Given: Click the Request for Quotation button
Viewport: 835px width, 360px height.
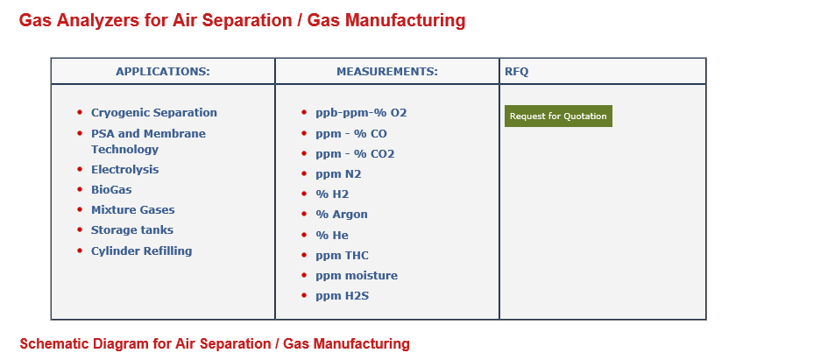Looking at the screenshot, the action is pyautogui.click(x=558, y=116).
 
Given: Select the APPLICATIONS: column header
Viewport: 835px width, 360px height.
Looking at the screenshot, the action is pyautogui.click(x=163, y=71).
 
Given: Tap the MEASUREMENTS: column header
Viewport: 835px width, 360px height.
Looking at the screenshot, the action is pyautogui.click(x=387, y=71).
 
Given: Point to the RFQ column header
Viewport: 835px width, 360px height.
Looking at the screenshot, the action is pyautogui.click(x=517, y=71).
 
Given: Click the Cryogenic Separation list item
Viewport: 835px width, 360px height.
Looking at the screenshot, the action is pyautogui.click(x=154, y=113).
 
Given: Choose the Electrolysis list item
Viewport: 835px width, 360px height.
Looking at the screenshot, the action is pyautogui.click(x=124, y=169).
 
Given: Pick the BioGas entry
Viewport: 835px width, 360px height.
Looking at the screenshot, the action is pyautogui.click(x=111, y=189).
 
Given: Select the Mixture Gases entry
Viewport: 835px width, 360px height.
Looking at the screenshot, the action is pyautogui.click(x=132, y=210).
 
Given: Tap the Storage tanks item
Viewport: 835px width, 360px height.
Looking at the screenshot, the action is pyautogui.click(x=132, y=230).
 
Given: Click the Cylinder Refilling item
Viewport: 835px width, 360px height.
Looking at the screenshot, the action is pyautogui.click(x=142, y=251).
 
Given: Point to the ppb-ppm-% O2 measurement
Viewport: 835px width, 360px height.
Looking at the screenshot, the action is pyautogui.click(x=361, y=113).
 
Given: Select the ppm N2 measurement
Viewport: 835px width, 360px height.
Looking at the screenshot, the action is pyautogui.click(x=338, y=174).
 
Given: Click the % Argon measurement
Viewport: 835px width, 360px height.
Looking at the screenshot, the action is pyautogui.click(x=342, y=215).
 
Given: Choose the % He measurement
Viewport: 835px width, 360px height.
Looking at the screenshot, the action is pyautogui.click(x=332, y=236).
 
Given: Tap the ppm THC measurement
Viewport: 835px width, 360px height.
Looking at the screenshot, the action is pyautogui.click(x=342, y=256).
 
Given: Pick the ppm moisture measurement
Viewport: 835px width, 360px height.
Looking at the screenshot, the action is pyautogui.click(x=357, y=276).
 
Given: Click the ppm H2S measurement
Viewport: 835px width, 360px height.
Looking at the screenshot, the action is pyautogui.click(x=342, y=296).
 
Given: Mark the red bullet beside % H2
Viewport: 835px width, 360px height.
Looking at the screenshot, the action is pyautogui.click(x=304, y=194).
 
